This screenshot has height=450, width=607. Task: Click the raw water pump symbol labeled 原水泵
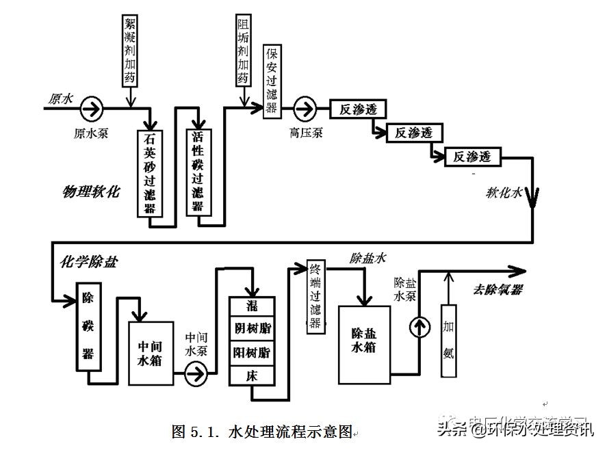[x=90, y=107]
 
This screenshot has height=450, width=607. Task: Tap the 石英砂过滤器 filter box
[x=149, y=172]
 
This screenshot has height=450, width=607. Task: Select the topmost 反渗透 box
[x=359, y=108]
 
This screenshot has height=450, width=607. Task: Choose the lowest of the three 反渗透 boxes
[x=472, y=157]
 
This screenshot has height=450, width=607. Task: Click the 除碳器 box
[x=89, y=326]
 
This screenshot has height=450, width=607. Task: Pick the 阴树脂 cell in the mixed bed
[x=251, y=328]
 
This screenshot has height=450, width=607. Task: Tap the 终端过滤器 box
[x=315, y=295]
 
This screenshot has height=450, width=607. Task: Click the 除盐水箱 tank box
[x=365, y=344]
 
